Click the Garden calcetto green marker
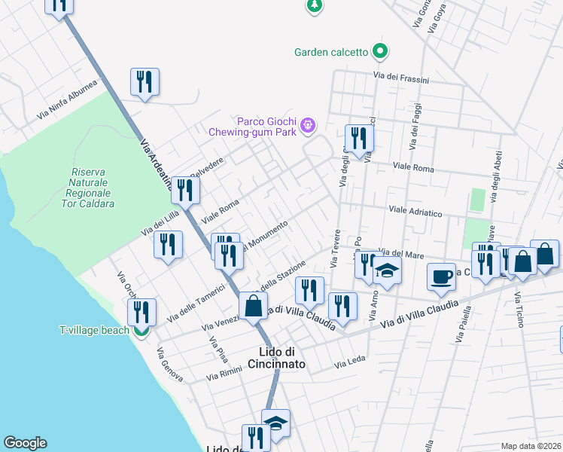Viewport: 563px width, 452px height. coord(381,52)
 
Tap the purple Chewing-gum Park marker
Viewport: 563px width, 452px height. coord(307,125)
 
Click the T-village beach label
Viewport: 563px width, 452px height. coord(94,330)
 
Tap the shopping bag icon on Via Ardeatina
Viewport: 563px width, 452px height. coord(254,306)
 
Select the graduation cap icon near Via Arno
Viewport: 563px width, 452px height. coord(387,270)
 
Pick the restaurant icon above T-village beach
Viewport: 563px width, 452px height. coord(142,311)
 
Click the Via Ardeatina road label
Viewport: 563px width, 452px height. coord(153,161)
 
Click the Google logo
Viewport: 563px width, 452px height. coord(25,443)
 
